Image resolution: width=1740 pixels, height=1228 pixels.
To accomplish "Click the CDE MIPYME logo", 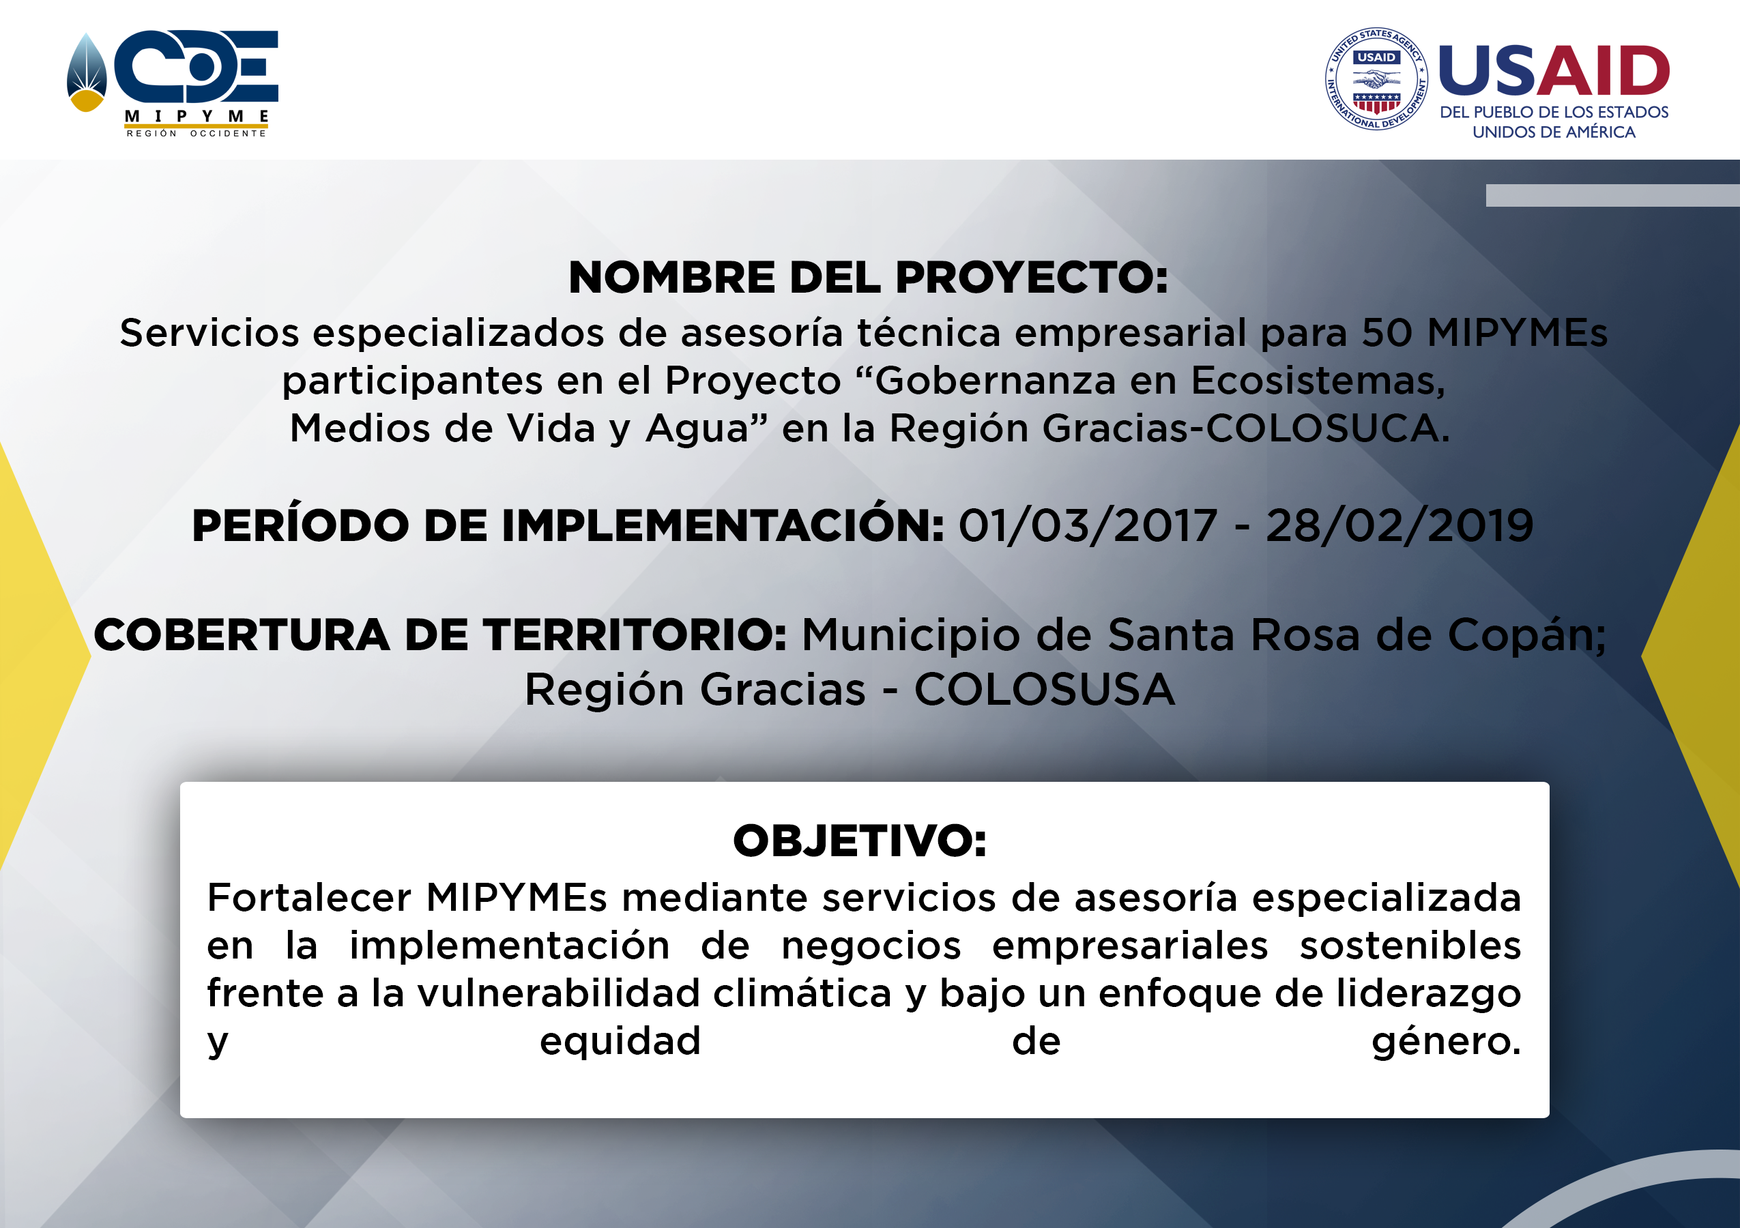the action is point(173,83).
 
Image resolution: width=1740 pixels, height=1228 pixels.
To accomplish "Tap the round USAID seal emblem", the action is point(1376,78).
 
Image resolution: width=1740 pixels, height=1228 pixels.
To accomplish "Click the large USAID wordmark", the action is point(1554,70).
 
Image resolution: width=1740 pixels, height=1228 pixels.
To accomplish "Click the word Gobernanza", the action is point(995,380).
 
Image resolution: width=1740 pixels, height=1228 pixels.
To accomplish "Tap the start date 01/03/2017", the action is point(1088,526).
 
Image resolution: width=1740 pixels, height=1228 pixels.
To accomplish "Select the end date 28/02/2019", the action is point(1400,526).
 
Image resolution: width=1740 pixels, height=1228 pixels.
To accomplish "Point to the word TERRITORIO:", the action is point(635,635).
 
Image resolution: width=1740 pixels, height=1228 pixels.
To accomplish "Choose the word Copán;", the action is point(1527,635).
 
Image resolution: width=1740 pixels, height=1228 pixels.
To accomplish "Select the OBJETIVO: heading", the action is point(860,841).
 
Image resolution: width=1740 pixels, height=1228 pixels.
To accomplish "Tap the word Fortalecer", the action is point(309,898).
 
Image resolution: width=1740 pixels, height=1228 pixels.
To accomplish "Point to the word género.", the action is point(1446,1042).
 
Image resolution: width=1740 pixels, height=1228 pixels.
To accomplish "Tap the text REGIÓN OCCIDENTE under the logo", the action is point(197,133).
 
